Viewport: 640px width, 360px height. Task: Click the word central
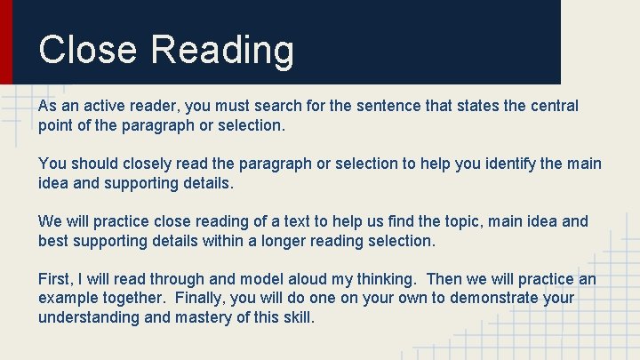[552, 106]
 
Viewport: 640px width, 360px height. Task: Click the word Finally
[204, 298]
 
